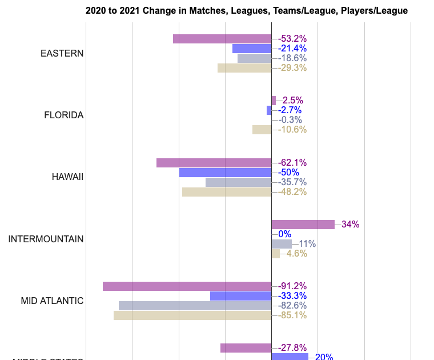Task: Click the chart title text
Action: [x=247, y=10]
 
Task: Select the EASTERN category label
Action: [x=62, y=53]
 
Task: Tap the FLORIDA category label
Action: [x=64, y=115]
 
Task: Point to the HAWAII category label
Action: [x=67, y=177]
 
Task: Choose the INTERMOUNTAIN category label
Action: [x=46, y=239]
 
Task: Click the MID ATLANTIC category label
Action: [x=52, y=301]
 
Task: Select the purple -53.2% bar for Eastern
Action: [x=222, y=39]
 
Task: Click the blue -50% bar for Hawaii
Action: [x=225, y=173]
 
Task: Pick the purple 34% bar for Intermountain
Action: [x=303, y=225]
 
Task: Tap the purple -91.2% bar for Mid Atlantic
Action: [x=187, y=286]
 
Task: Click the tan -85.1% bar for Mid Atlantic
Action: [x=192, y=315]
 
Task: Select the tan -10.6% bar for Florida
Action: [x=262, y=130]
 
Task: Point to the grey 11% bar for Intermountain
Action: [x=282, y=244]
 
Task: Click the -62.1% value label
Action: [x=292, y=163]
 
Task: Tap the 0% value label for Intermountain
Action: [x=285, y=234]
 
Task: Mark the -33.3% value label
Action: [x=292, y=296]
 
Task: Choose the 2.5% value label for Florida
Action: [x=292, y=101]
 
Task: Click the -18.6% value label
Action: [x=292, y=58]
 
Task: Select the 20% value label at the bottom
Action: [x=324, y=357]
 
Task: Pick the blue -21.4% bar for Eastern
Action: [x=252, y=49]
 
